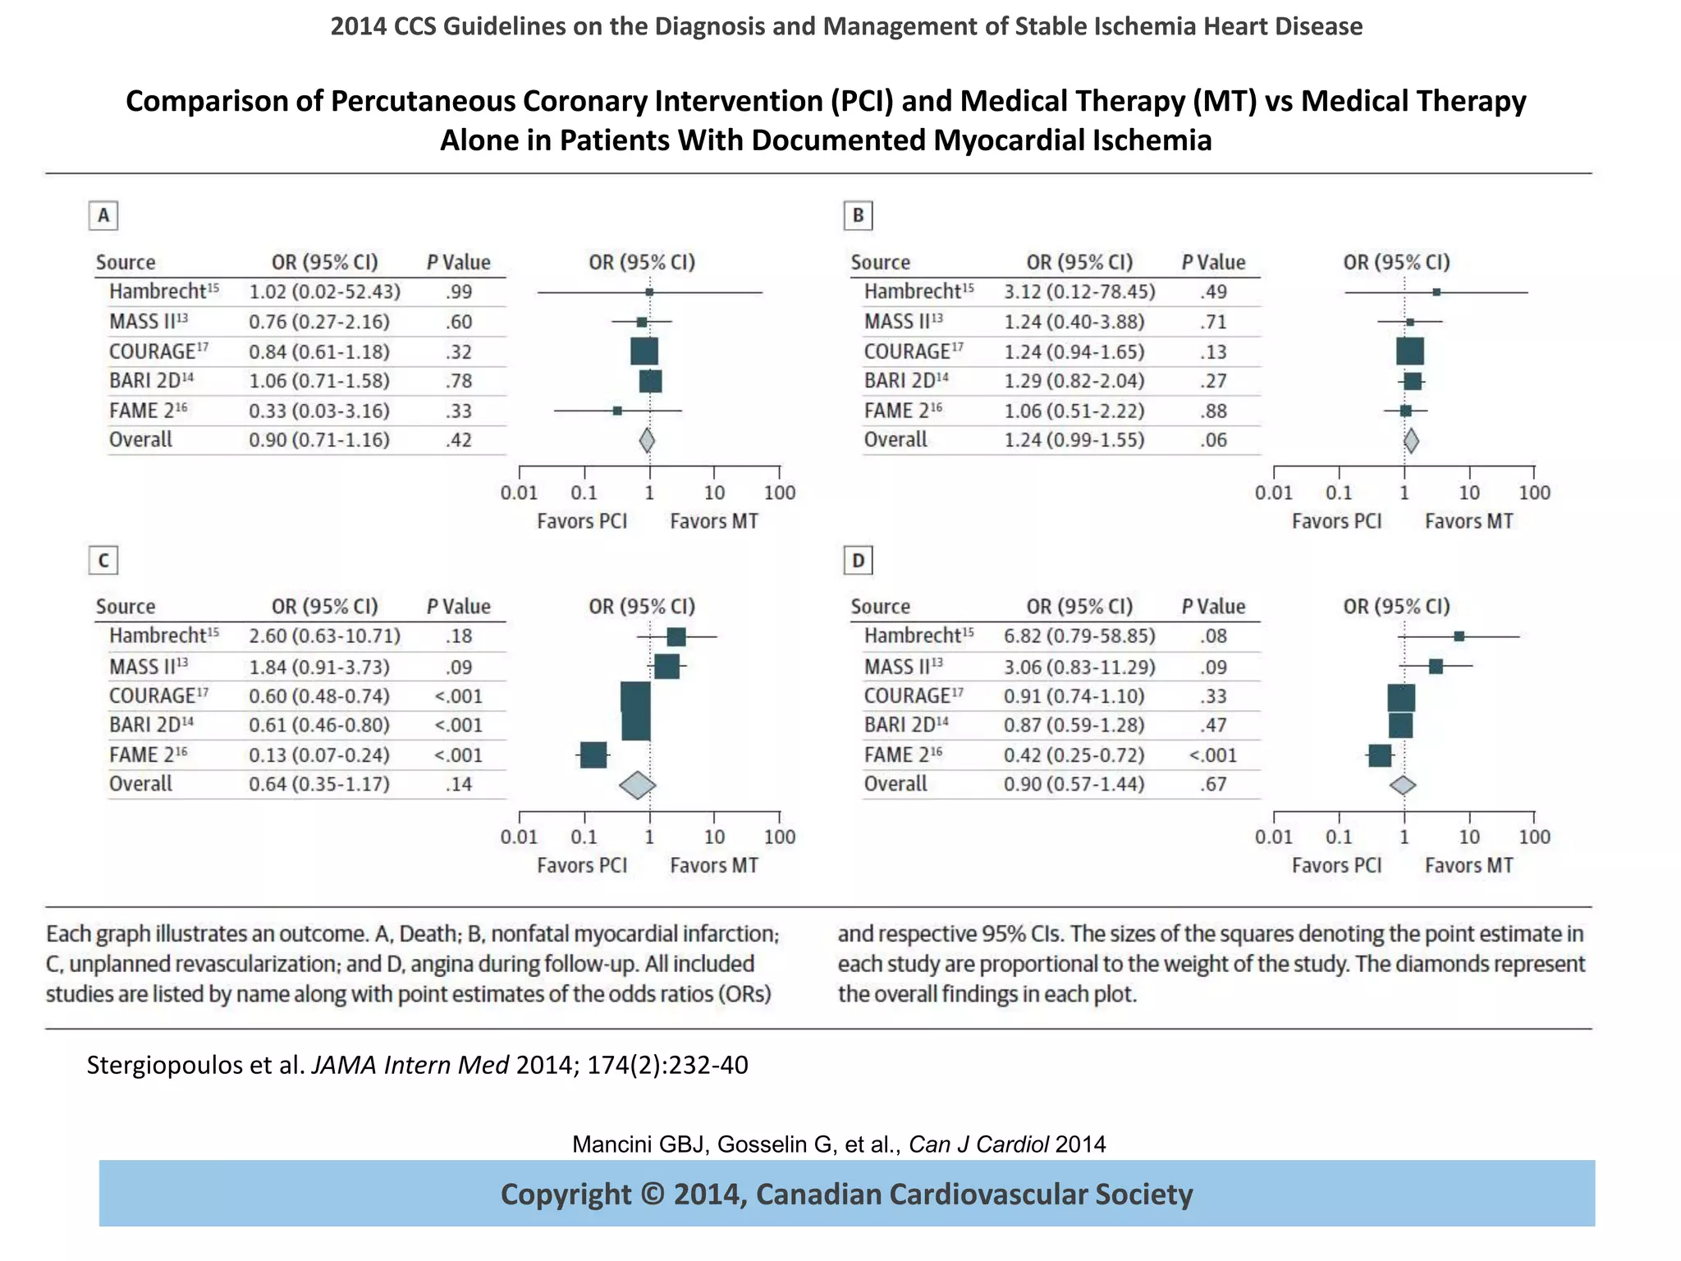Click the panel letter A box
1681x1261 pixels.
coord(103,216)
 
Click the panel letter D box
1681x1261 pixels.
coord(858,561)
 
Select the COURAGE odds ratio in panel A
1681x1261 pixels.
coord(319,351)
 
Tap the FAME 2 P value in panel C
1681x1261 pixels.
coord(458,754)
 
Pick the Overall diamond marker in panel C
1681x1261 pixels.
coord(637,785)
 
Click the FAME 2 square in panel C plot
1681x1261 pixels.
coord(593,754)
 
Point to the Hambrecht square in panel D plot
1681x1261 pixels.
coord(1459,636)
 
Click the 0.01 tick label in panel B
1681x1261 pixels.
coord(1273,493)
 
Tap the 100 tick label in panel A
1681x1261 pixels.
coord(779,493)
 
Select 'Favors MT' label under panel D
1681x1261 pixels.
coord(1468,865)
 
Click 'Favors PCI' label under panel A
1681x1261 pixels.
coord(582,521)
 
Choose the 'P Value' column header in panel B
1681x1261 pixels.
coord(1213,262)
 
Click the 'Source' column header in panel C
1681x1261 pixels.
coord(126,607)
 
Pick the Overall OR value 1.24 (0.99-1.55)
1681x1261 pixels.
coord(1074,440)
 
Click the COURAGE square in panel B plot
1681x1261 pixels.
coord(1410,351)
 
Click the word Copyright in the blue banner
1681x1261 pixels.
coord(566,1194)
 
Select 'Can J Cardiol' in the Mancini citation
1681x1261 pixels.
coord(978,1144)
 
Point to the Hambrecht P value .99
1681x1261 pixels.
coord(459,291)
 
